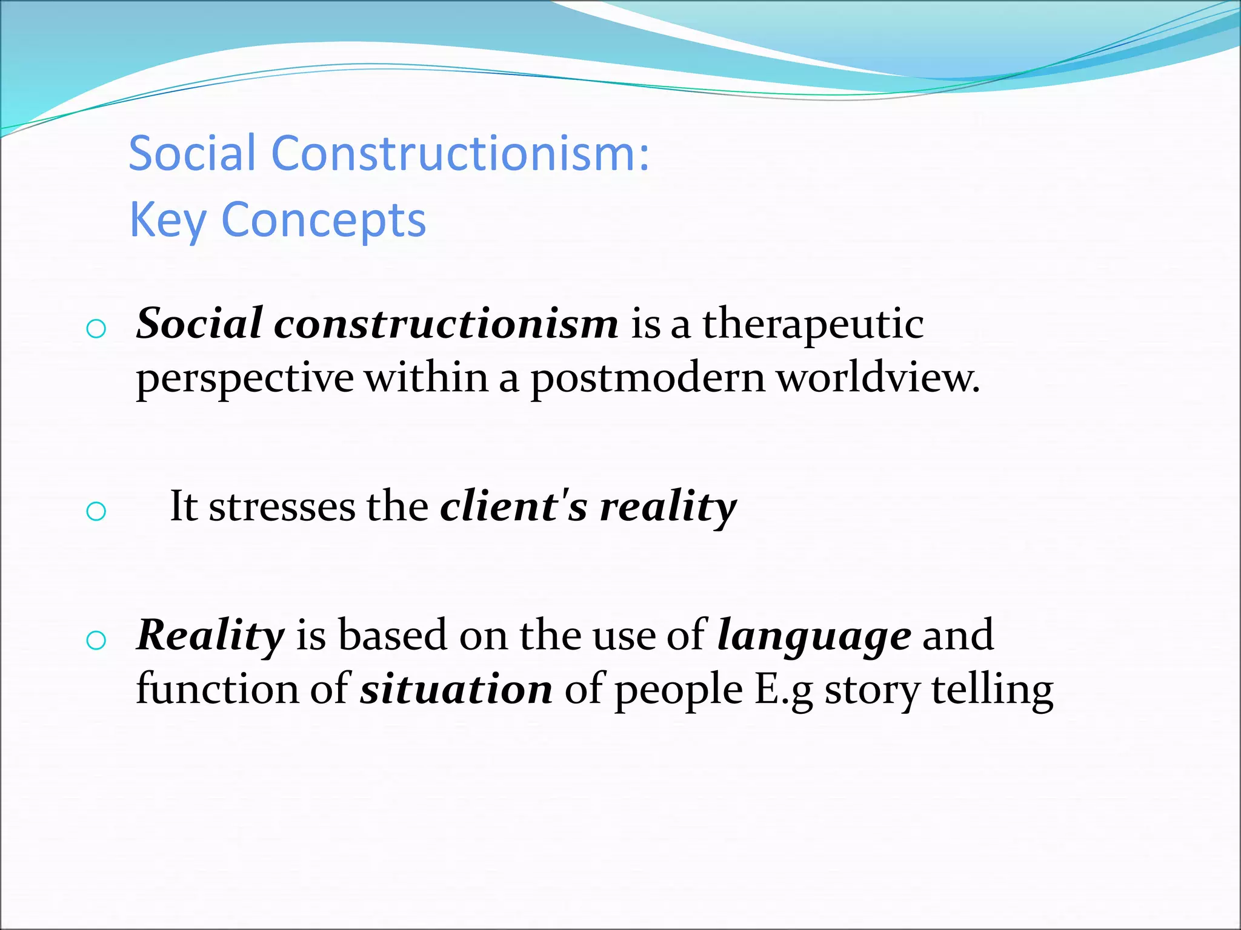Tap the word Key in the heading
click(167, 220)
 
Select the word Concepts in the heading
click(324, 220)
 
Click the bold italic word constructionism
click(446, 323)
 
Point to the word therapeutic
click(813, 325)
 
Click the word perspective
click(245, 379)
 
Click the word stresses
click(282, 506)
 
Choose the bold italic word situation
click(456, 689)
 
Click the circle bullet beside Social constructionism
click(96, 329)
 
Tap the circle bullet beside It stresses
click(96, 512)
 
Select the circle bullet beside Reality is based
click(96, 641)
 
